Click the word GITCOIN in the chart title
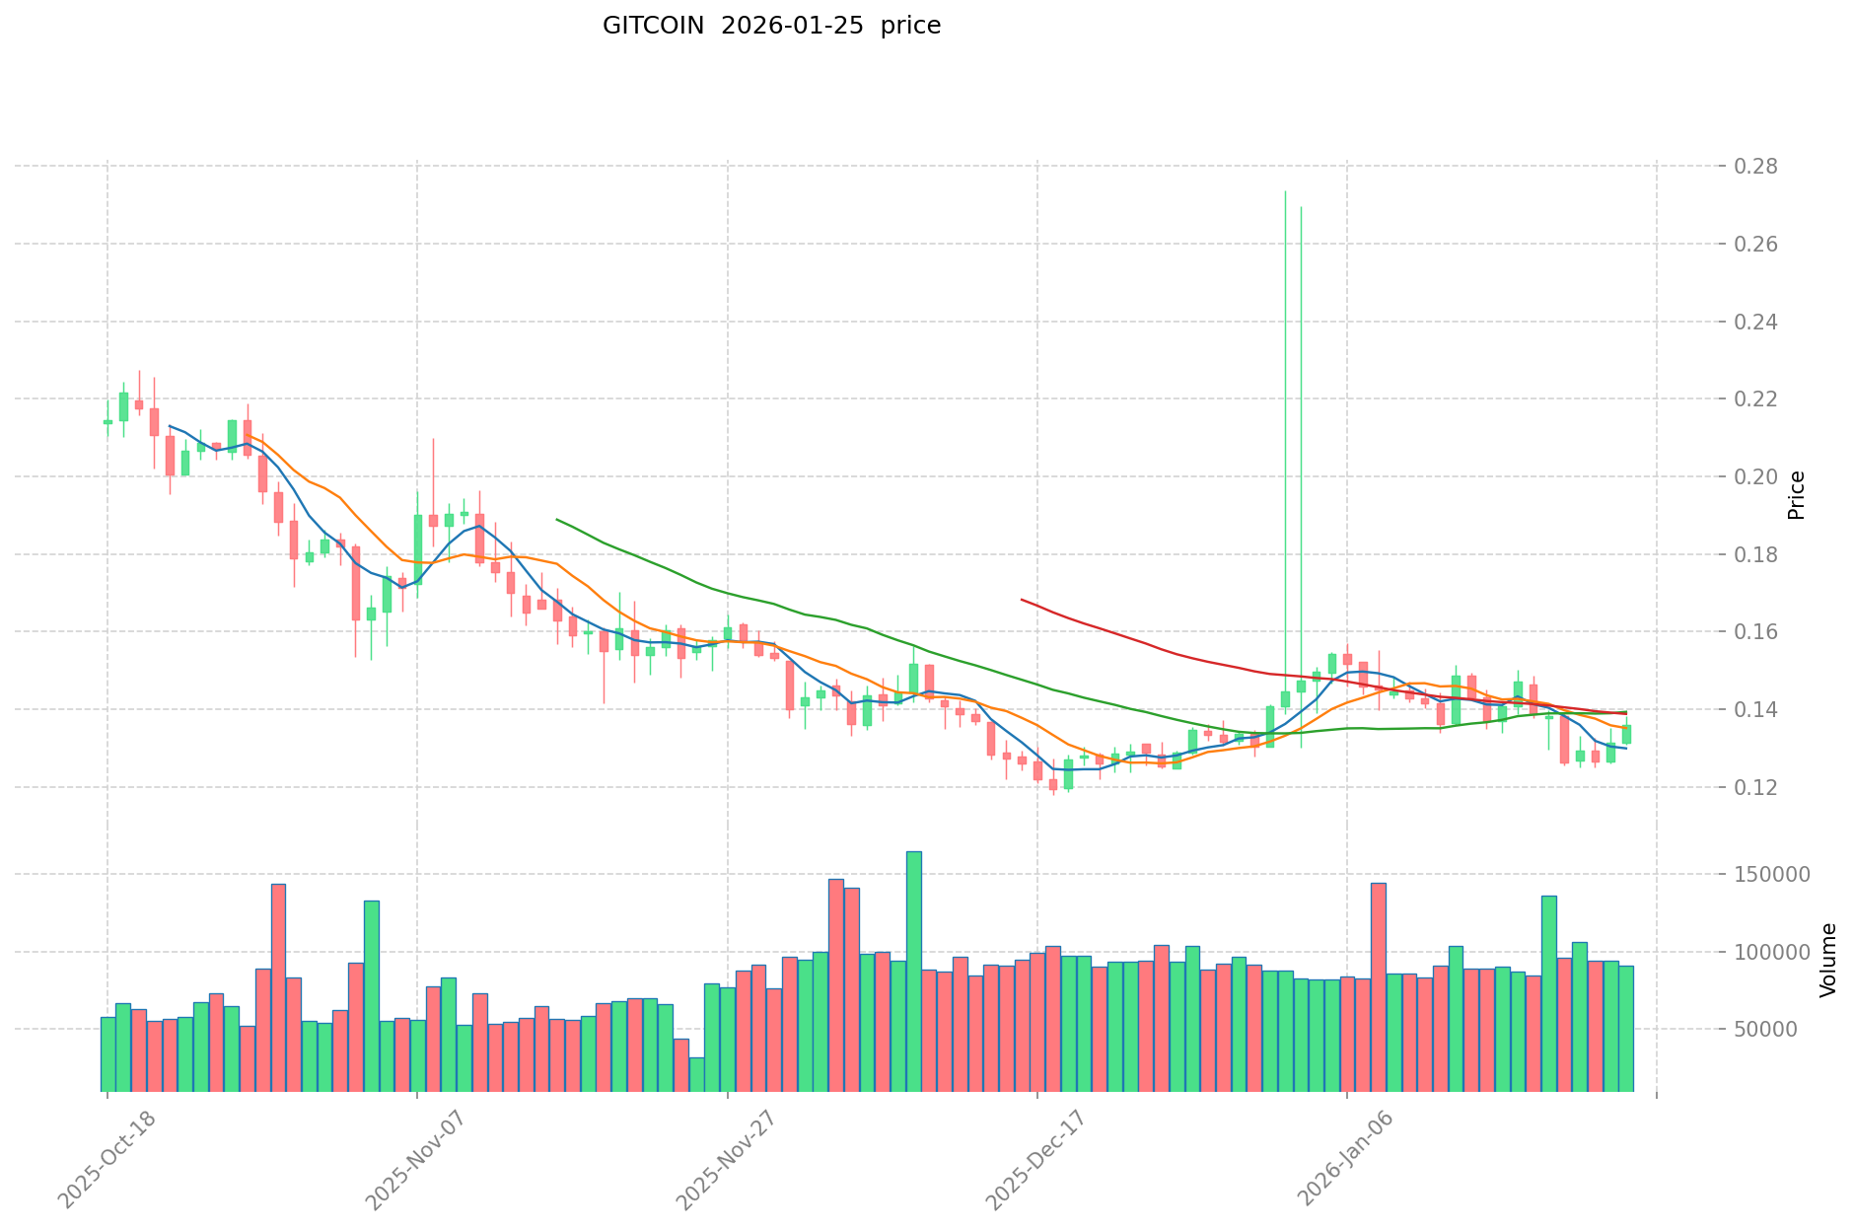pos(654,26)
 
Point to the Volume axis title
pos(1828,960)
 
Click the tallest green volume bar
pos(914,972)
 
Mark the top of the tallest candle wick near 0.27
pos(1285,191)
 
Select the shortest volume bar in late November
pos(696,1074)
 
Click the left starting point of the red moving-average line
pos(1022,600)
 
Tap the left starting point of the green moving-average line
pos(557,519)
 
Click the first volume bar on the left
pos(107,1054)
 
